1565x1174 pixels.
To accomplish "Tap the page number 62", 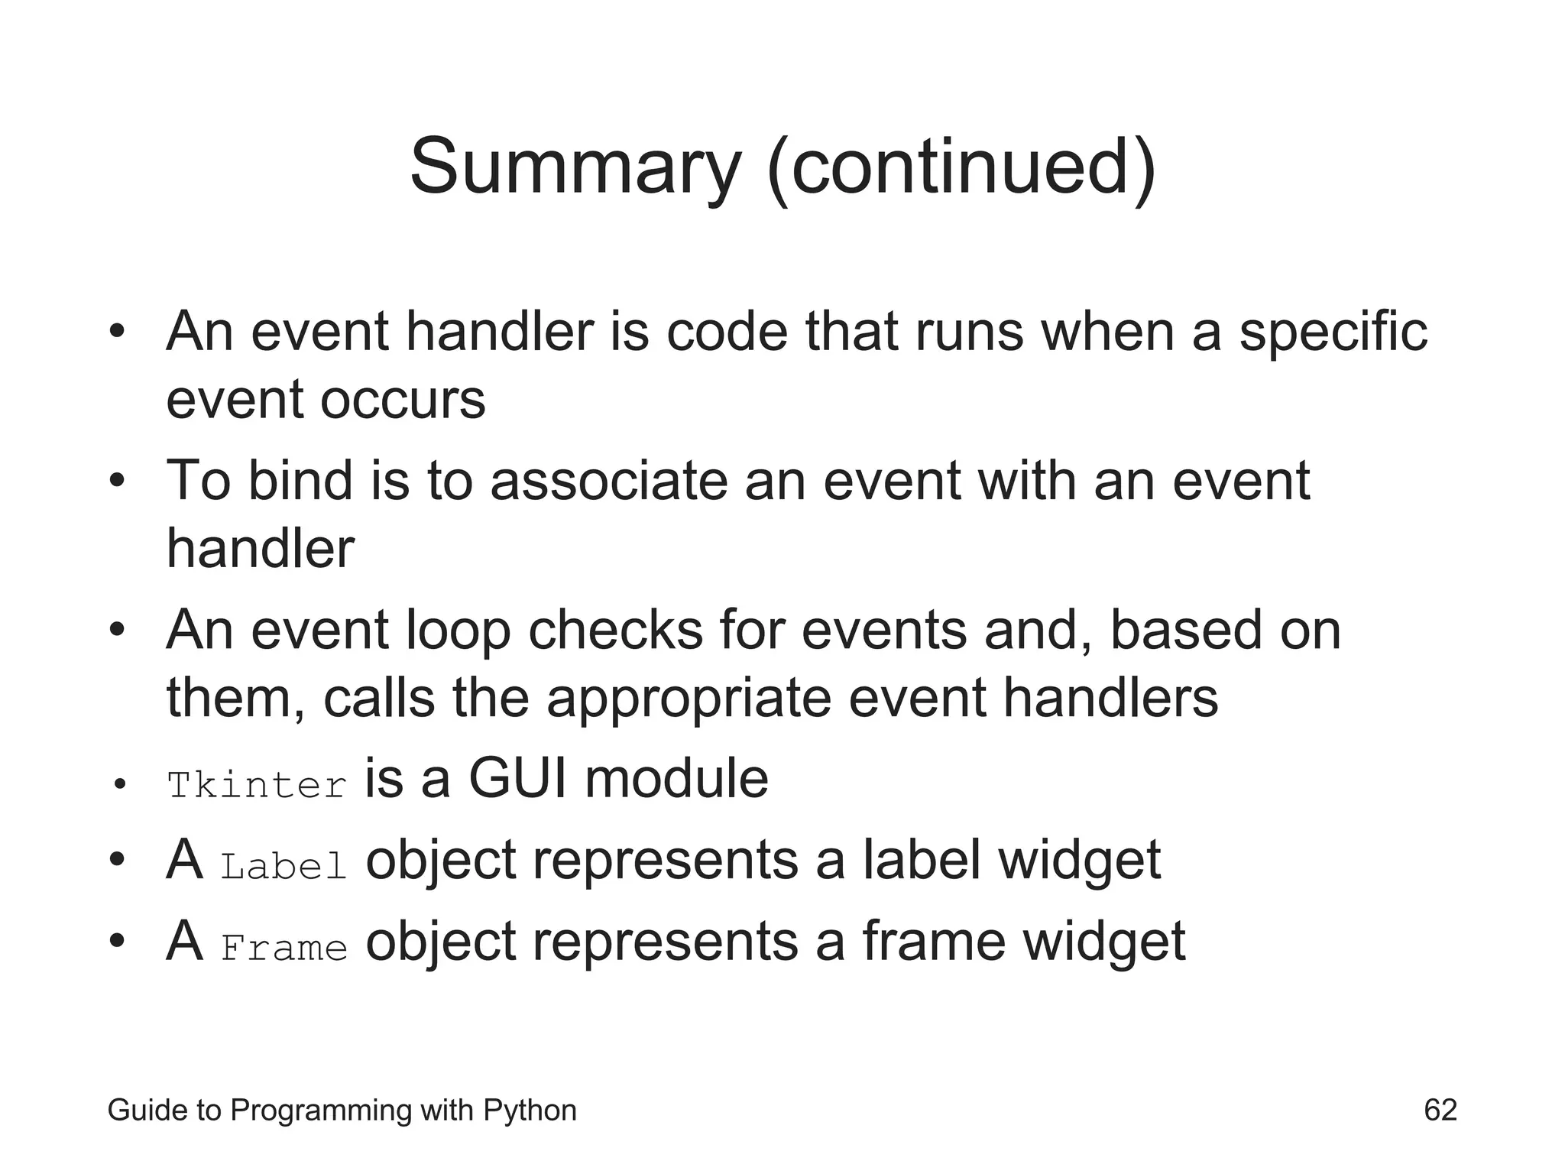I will [1440, 1110].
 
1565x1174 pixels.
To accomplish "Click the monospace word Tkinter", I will [257, 786].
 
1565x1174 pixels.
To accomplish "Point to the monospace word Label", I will [284, 867].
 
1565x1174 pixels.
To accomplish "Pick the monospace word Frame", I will [284, 949].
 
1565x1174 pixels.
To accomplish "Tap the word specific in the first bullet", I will [1333, 333].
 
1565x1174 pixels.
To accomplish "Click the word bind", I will [300, 481].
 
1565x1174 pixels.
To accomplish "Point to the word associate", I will [608, 482].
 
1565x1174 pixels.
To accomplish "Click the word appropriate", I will [688, 699].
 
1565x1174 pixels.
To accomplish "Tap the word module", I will [676, 779].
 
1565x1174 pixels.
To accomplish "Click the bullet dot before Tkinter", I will [118, 785].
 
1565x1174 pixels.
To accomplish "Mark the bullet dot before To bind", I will [116, 482].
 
